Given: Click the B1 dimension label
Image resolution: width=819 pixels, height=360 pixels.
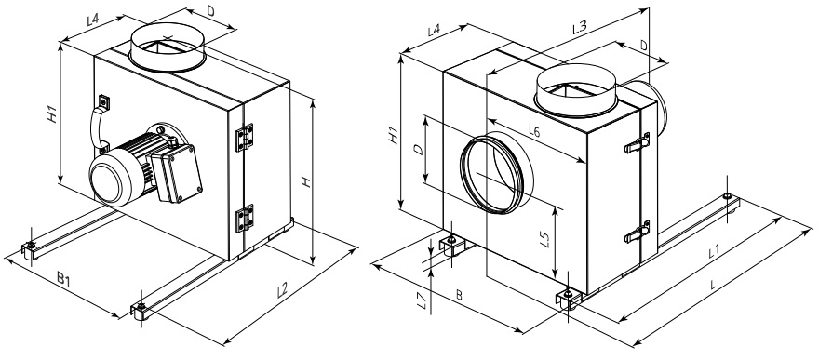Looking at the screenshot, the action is pos(63,280).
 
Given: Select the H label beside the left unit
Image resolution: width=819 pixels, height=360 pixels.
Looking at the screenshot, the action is pos(306,182).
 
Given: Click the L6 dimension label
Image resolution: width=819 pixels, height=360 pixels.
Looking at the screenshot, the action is pos(533,132).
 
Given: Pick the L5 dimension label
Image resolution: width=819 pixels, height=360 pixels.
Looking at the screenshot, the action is pos(544,239).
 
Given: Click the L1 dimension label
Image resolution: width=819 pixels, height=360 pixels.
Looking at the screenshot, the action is pos(715,252).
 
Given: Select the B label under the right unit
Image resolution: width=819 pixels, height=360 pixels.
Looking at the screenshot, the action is pos(459,296).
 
